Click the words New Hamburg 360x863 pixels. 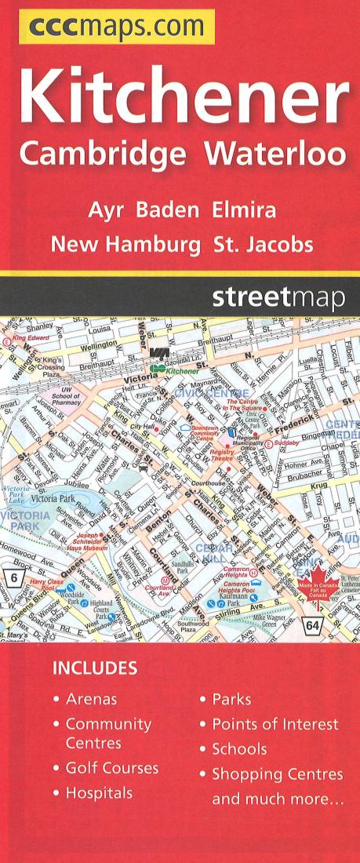125,245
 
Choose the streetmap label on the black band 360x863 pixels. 278,298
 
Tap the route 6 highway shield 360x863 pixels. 13,577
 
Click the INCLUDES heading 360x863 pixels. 94,669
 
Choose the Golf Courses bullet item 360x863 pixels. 111,768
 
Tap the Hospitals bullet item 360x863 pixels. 99,793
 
